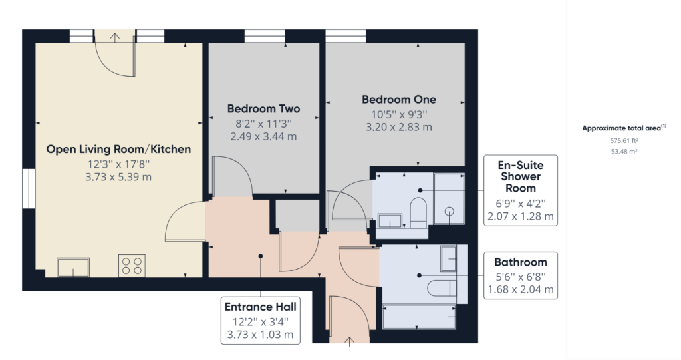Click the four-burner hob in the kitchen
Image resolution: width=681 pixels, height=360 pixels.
click(x=131, y=266)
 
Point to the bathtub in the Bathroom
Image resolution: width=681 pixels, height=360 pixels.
click(x=419, y=316)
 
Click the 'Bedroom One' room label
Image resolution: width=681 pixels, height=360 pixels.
click(x=399, y=100)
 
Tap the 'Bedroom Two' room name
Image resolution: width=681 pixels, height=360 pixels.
click(x=263, y=109)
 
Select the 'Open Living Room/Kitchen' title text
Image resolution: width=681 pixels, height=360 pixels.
click(x=118, y=150)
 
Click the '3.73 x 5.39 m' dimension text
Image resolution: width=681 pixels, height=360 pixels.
click(x=118, y=178)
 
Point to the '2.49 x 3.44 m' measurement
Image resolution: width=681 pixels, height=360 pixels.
click(x=263, y=136)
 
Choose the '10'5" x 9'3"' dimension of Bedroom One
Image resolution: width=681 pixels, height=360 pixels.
click(x=399, y=114)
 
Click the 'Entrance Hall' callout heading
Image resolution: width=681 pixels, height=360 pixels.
click(x=260, y=307)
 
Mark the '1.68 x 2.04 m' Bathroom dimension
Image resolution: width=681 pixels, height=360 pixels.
click(x=521, y=289)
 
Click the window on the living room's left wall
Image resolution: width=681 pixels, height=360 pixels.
click(x=28, y=189)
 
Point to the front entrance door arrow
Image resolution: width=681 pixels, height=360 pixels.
click(x=350, y=341)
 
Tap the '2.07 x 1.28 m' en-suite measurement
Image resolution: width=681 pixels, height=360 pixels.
click(x=521, y=217)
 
